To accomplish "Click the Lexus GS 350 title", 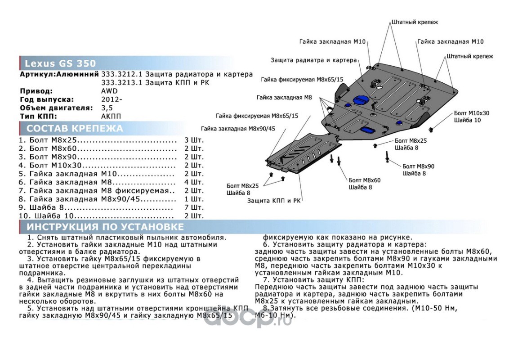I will click(x=60, y=63).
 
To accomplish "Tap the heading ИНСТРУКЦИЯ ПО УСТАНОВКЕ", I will click(x=105, y=227).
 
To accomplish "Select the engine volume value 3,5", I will click(x=107, y=108).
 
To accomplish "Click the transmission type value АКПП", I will click(x=111, y=116).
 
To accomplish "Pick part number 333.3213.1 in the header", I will click(x=120, y=83).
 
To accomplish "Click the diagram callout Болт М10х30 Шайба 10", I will click(x=471, y=117).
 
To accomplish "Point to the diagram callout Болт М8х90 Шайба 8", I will click(x=418, y=170).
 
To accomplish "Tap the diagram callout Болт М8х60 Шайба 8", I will click(x=364, y=184).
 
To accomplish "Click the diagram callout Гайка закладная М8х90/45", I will click(x=238, y=128).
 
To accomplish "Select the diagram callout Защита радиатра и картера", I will click(x=313, y=60).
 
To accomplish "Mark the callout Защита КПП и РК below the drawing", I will click(x=274, y=201).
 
